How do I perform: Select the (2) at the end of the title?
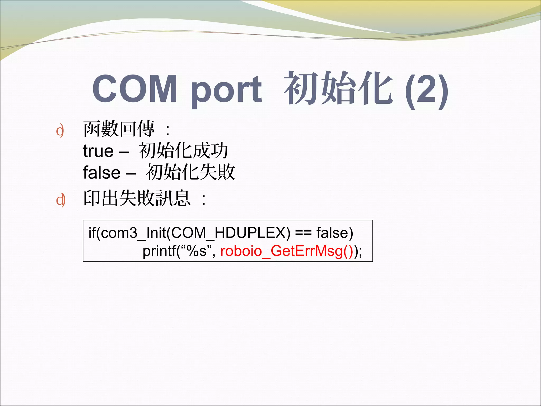click(x=426, y=90)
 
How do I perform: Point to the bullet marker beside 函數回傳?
click(x=60, y=131)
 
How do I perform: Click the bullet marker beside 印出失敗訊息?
click(x=60, y=200)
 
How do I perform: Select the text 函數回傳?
click(x=119, y=129)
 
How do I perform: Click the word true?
click(x=98, y=151)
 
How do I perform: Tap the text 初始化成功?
click(x=183, y=150)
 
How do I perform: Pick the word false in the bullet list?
click(x=102, y=172)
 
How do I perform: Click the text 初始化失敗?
click(x=190, y=172)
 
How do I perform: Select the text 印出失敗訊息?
click(x=137, y=198)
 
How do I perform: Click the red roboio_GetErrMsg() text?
click(x=287, y=251)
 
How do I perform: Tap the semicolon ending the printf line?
click(x=361, y=251)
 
